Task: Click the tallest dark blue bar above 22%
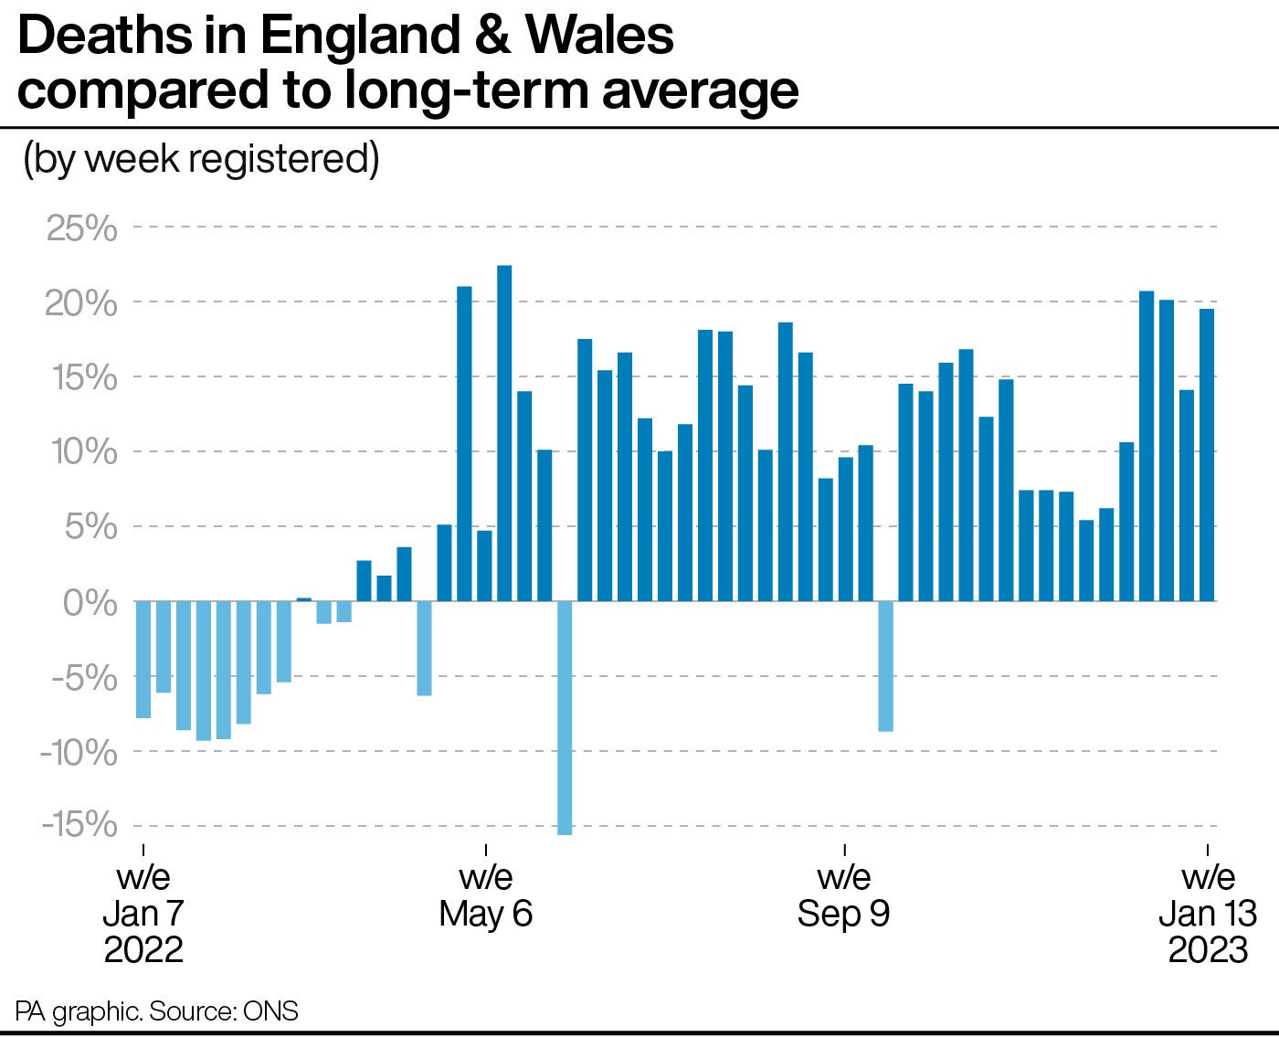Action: pyautogui.click(x=504, y=433)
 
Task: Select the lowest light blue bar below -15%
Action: pyautogui.click(x=565, y=717)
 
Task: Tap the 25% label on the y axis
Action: pyautogui.click(x=82, y=228)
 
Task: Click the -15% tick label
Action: pyautogui.click(x=79, y=825)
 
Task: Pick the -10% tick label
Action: pyautogui.click(x=79, y=753)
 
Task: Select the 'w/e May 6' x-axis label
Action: pyautogui.click(x=485, y=895)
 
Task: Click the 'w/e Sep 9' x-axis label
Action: pyautogui.click(x=843, y=895)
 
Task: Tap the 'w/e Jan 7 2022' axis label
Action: pyautogui.click(x=143, y=913)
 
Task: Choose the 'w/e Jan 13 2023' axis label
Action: pyautogui.click(x=1208, y=913)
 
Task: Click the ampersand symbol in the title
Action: pyautogui.click(x=496, y=37)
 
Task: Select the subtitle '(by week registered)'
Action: pyautogui.click(x=201, y=159)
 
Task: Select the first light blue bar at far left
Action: pyautogui.click(x=143, y=659)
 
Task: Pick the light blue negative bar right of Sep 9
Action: pyautogui.click(x=885, y=666)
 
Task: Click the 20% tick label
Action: pyautogui.click(x=82, y=302)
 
